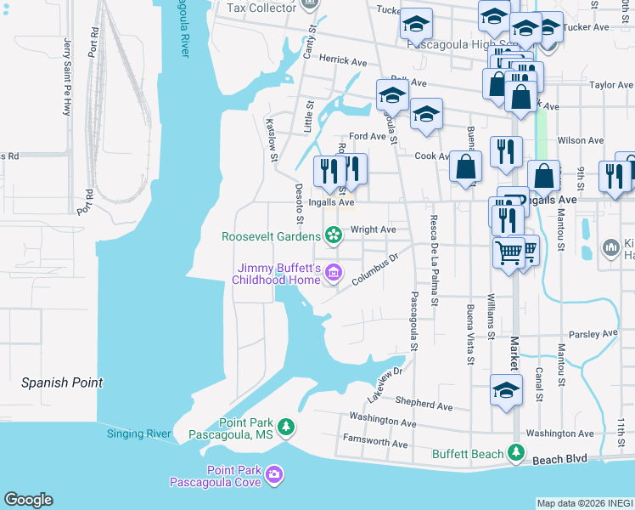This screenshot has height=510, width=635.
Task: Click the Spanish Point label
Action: [62, 382]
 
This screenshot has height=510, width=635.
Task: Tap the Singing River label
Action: [138, 434]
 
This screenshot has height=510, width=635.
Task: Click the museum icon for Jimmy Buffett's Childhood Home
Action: [333, 273]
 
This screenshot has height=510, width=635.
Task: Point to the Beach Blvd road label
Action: [559, 459]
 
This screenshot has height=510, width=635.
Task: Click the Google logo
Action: [28, 500]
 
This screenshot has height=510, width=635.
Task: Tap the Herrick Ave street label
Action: [342, 60]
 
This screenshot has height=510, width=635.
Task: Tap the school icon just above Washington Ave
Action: [506, 390]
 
